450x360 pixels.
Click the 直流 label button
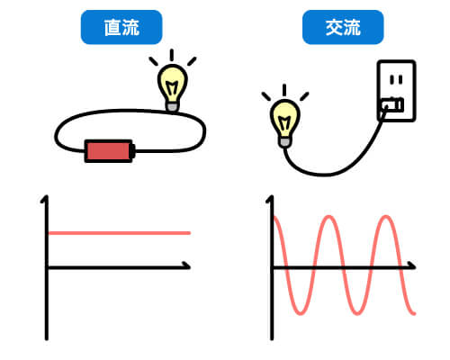click(x=121, y=27)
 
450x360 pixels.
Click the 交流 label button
click(x=343, y=27)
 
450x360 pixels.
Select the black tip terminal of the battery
click(x=133, y=151)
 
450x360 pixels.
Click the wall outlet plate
click(x=396, y=91)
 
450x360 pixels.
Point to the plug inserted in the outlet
click(x=392, y=105)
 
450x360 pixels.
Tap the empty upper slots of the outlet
click(x=396, y=79)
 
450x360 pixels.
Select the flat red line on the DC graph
click(x=120, y=233)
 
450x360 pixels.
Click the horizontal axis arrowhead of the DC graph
click(x=187, y=265)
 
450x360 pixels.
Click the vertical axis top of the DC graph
click(x=45, y=199)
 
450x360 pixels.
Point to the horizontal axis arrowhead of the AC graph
click(x=412, y=265)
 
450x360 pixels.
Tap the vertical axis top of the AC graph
click(x=270, y=199)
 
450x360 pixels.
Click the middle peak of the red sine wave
click(x=329, y=217)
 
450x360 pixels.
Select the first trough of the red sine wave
click(x=301, y=313)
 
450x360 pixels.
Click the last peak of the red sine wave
click(x=386, y=217)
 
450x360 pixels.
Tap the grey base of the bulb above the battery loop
click(x=173, y=107)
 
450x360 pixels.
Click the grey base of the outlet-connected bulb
click(x=284, y=142)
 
